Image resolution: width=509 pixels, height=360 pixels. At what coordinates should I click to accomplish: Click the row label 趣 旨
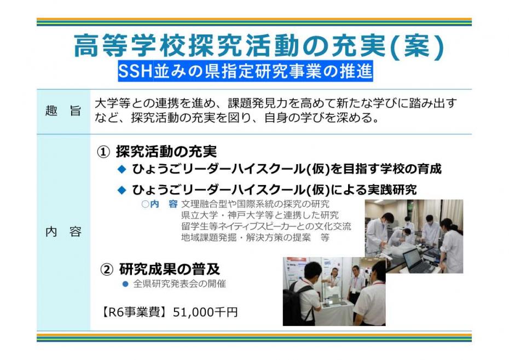[x=63, y=111]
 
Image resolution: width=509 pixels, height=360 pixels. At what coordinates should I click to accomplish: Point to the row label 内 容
[x=63, y=231]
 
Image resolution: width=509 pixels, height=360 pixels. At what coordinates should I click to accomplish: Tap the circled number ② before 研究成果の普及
[x=107, y=269]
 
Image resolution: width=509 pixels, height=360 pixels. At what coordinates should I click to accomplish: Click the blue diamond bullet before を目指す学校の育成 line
[x=122, y=169]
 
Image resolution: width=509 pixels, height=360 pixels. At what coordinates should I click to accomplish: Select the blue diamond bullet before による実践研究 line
[x=122, y=190]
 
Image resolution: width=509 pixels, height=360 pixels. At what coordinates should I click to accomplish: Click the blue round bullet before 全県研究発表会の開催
[x=125, y=284]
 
